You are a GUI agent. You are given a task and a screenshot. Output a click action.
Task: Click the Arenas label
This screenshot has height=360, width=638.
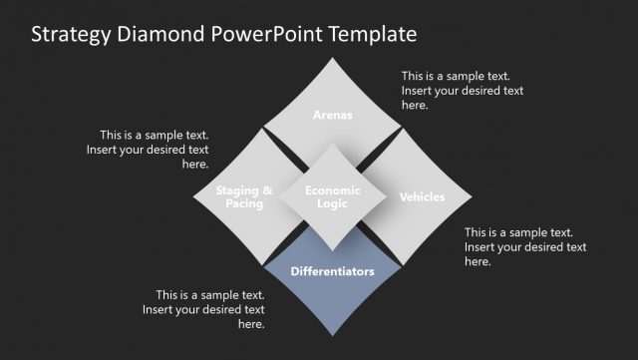click(332, 115)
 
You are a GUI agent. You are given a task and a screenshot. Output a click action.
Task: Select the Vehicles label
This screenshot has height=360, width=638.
click(422, 196)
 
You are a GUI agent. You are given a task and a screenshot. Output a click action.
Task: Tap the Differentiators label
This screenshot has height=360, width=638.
click(333, 270)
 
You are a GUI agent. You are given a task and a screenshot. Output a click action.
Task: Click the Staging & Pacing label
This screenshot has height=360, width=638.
click(244, 196)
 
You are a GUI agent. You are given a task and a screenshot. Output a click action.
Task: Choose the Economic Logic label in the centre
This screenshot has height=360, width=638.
click(333, 196)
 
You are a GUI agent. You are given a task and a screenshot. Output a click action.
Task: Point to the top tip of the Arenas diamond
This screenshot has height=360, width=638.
click(333, 58)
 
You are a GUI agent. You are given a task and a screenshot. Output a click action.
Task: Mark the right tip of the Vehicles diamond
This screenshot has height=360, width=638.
click(472, 196)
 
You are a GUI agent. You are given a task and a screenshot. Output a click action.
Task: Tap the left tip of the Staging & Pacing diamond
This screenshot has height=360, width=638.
click(193, 196)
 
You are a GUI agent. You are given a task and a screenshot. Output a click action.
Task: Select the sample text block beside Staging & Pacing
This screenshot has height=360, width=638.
click(155, 150)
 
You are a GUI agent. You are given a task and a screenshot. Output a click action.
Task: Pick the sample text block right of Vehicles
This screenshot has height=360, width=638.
click(525, 246)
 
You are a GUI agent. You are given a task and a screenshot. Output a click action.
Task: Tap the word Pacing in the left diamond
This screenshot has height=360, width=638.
click(244, 203)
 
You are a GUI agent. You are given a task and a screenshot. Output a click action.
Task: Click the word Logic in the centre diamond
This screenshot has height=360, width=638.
click(333, 203)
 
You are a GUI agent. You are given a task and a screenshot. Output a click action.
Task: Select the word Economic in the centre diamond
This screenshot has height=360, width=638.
click(333, 189)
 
